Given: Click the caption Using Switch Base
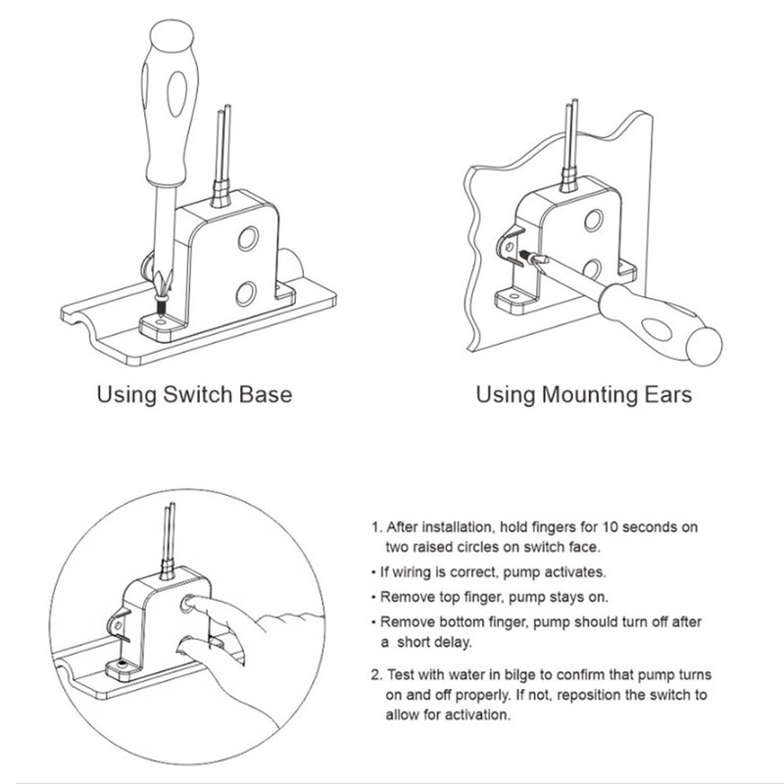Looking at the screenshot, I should (193, 396).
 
